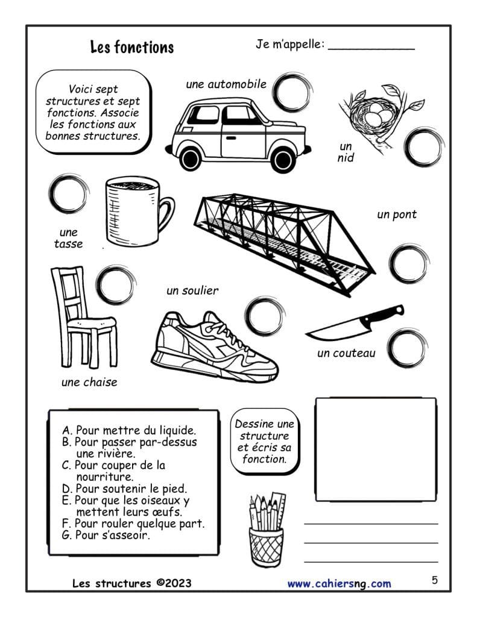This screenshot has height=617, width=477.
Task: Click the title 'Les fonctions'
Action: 131,47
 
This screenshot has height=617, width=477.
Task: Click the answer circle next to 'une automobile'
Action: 291,92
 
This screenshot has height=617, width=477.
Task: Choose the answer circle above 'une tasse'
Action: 68,193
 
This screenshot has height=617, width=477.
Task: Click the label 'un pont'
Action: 396,215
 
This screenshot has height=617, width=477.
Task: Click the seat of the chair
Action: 91,324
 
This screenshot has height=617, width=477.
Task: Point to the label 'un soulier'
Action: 192,291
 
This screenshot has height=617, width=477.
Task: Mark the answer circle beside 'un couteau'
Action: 405,347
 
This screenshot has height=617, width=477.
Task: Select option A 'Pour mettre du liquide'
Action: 128,430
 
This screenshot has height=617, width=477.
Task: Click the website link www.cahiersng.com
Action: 339,583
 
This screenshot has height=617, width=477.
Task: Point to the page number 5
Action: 434,580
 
